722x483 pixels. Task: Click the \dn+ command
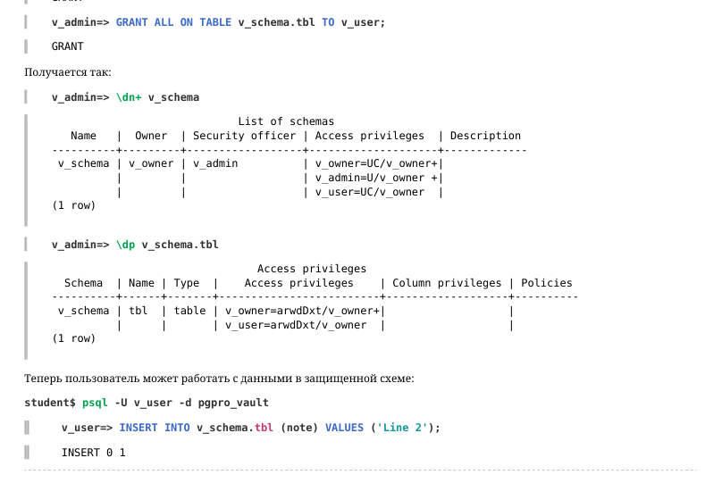point(129,97)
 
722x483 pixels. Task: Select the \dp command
point(125,245)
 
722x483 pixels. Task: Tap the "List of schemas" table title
point(286,121)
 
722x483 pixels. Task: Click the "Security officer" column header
point(244,136)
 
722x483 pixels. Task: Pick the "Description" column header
point(485,136)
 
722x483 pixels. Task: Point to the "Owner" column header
point(151,136)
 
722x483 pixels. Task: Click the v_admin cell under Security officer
point(215,163)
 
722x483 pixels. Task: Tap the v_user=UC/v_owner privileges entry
point(370,192)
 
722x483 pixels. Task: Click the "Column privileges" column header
point(447,283)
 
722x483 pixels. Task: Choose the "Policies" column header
point(547,283)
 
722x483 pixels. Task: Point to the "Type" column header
point(187,283)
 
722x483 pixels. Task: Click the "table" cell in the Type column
point(189,311)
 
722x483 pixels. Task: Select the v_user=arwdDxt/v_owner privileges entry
point(296,325)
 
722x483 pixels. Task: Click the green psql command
point(95,403)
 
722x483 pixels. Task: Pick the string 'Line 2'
point(402,428)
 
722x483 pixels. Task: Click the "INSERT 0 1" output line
point(94,453)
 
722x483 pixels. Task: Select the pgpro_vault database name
point(233,403)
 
